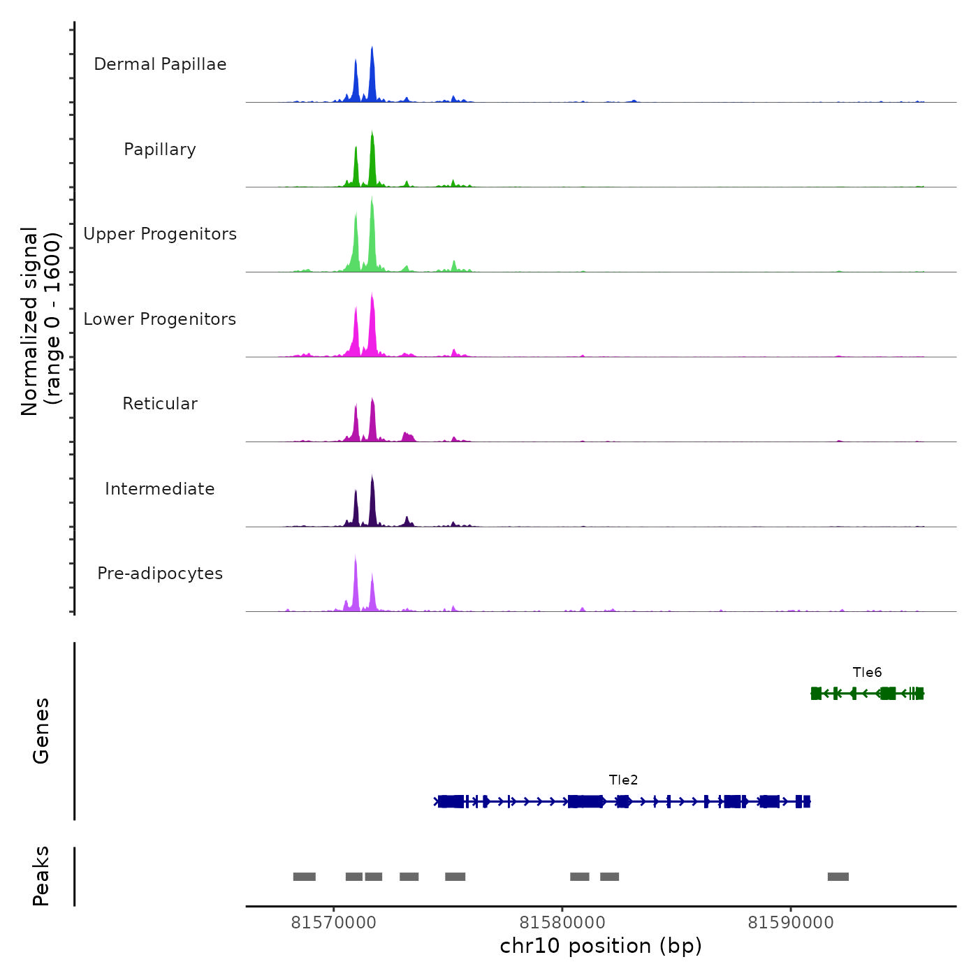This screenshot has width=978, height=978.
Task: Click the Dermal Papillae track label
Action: pyautogui.click(x=160, y=64)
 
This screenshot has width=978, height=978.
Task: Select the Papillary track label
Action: pyautogui.click(x=160, y=149)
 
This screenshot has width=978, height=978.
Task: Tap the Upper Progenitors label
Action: pyautogui.click(x=160, y=234)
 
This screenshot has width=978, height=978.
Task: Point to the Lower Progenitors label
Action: pyautogui.click(x=160, y=319)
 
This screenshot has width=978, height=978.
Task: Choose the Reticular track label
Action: pyautogui.click(x=160, y=404)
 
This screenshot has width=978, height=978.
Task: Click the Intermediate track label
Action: pyautogui.click(x=160, y=489)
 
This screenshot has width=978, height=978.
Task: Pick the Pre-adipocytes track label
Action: pyautogui.click(x=160, y=574)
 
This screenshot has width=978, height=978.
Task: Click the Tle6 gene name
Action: pyautogui.click(x=867, y=673)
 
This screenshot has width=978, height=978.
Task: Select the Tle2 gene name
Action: pyautogui.click(x=623, y=780)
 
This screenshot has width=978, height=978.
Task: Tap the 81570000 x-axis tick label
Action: pyautogui.click(x=333, y=923)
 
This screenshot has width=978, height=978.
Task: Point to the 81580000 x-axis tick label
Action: pyautogui.click(x=562, y=923)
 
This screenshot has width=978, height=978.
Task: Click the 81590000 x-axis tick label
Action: pyautogui.click(x=791, y=923)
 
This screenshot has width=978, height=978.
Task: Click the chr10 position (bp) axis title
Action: pyautogui.click(x=601, y=947)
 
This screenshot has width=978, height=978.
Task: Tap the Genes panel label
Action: pyautogui.click(x=41, y=731)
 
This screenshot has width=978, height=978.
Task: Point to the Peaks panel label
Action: pyautogui.click(x=41, y=876)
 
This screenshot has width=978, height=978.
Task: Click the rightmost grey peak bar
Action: pyautogui.click(x=838, y=877)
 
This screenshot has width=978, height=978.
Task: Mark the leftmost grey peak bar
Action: pyautogui.click(x=304, y=877)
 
